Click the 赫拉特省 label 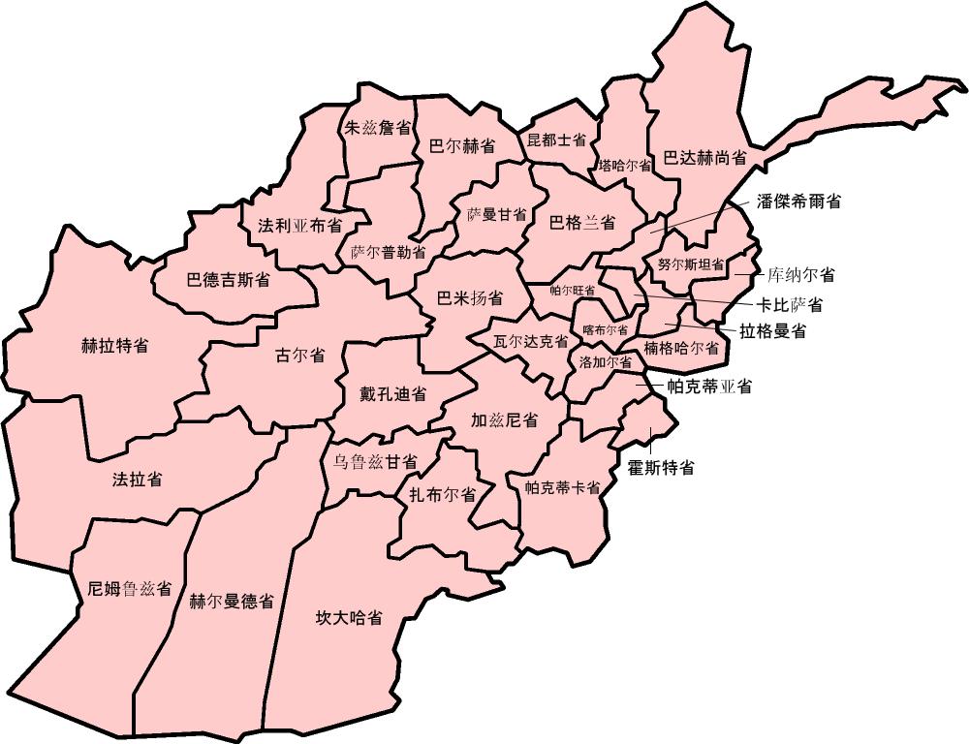point(115,345)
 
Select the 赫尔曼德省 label point(231,600)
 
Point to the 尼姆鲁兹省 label point(129,588)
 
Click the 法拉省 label point(137,479)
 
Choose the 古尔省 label point(300,355)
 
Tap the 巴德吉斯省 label point(228,281)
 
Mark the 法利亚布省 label point(299,226)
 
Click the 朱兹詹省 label point(377,128)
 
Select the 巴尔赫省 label point(462,146)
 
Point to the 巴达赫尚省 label point(704,157)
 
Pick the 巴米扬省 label point(470,296)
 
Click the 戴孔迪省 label point(386,394)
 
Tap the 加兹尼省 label point(504,420)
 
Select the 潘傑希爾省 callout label point(798,201)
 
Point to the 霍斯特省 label point(661,468)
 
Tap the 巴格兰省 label point(582,223)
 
